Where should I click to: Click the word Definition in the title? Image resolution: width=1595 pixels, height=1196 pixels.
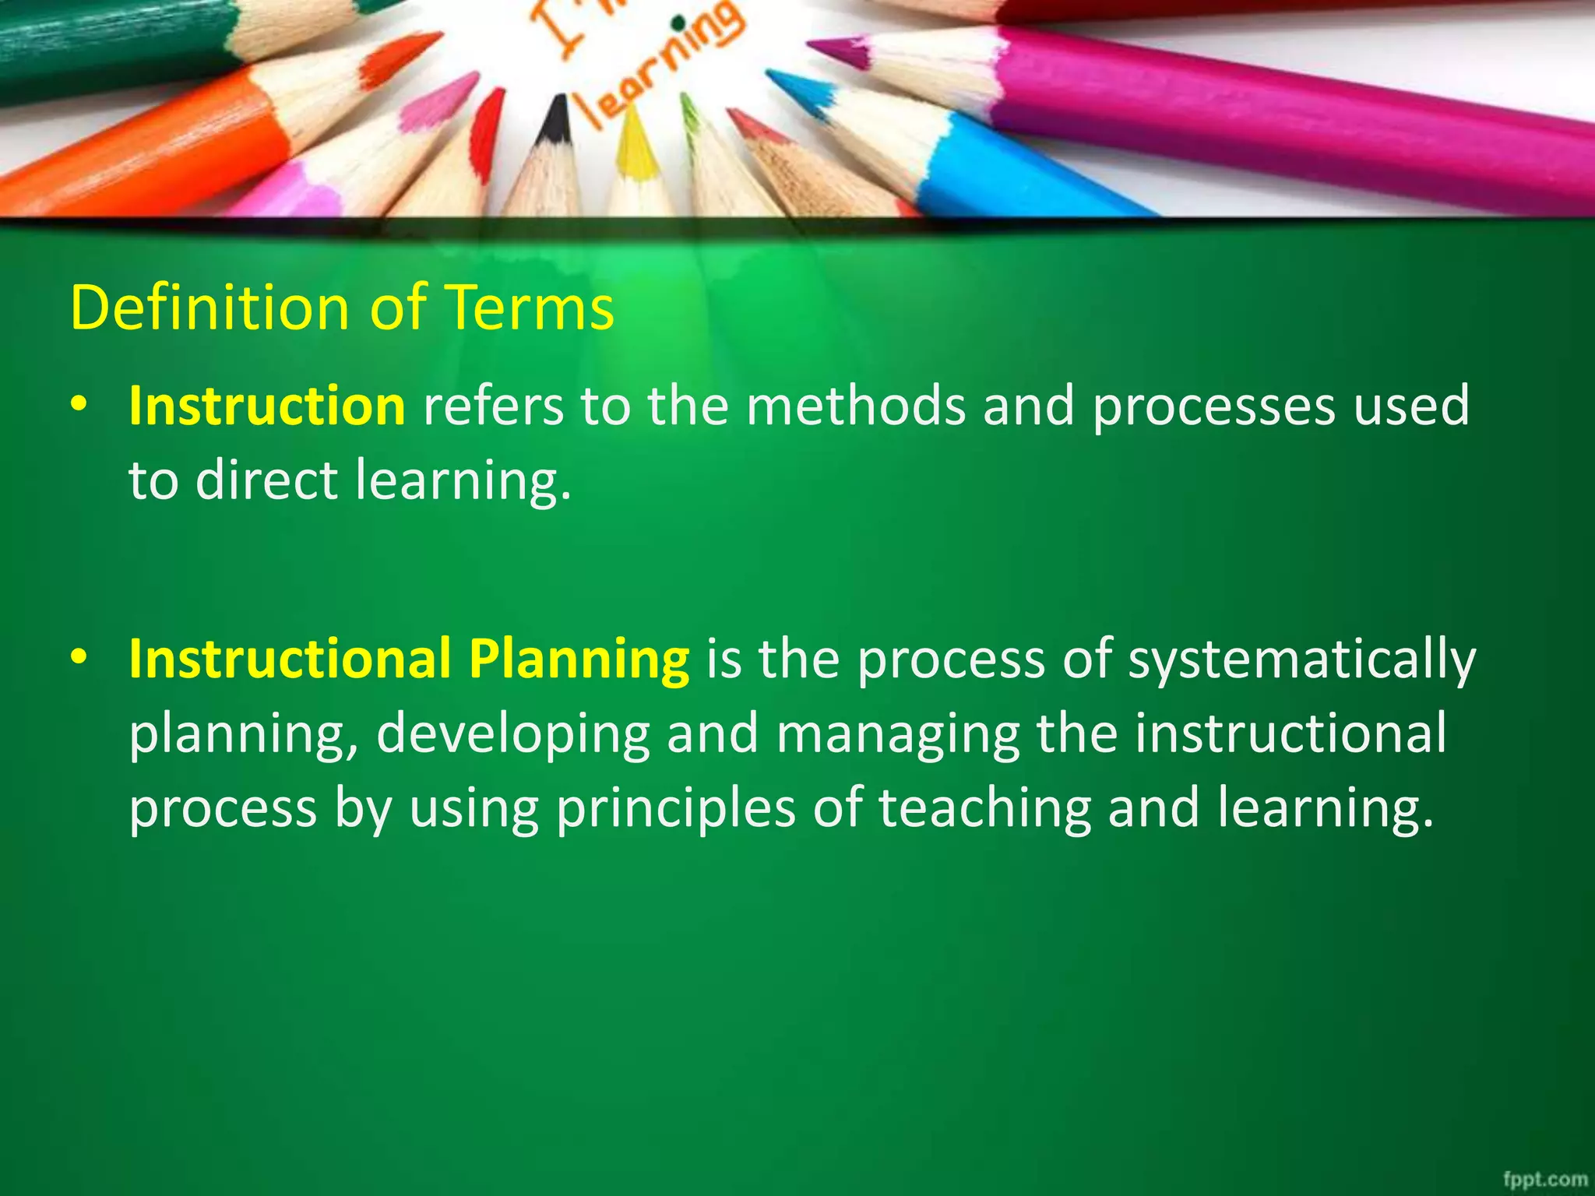pyautogui.click(x=210, y=308)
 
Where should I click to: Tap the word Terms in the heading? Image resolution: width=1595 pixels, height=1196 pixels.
pyautogui.click(x=530, y=308)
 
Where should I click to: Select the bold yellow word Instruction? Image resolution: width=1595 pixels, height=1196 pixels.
pyautogui.click(x=267, y=406)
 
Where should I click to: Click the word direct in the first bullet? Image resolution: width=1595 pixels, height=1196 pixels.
pyautogui.click(x=266, y=480)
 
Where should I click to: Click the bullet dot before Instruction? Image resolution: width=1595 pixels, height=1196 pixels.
pyautogui.click(x=79, y=406)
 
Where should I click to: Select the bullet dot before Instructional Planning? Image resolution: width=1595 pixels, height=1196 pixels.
pyautogui.click(x=79, y=659)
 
